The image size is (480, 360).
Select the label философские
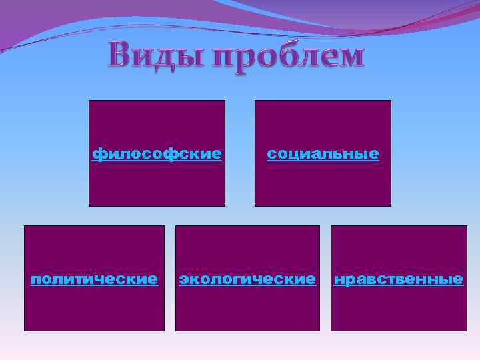tap(157, 154)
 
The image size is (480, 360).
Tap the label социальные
tap(323, 154)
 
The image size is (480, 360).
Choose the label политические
tap(94, 279)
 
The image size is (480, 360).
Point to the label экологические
tap(247, 279)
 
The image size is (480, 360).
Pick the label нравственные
tap(398, 279)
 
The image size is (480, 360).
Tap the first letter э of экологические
tap(183, 279)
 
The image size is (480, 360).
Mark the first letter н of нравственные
tap(339, 279)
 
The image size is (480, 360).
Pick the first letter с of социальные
tap(271, 154)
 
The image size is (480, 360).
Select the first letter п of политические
tap(35, 279)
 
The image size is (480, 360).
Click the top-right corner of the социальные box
tap(391, 101)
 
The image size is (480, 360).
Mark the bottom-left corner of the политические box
tap(25, 331)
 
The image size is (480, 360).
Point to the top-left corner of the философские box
tap(89, 101)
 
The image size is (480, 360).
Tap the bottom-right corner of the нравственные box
tap(467, 331)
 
